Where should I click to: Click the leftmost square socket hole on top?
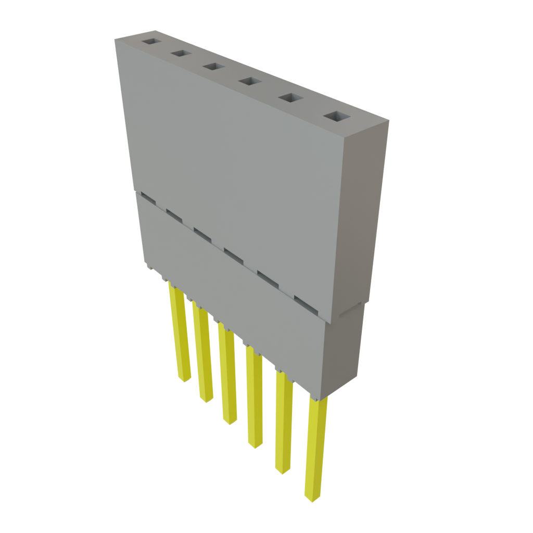[x=152, y=41]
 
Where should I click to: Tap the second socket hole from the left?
[x=181, y=53]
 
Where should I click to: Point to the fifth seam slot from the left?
[x=268, y=277]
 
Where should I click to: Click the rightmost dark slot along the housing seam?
[x=306, y=303]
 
